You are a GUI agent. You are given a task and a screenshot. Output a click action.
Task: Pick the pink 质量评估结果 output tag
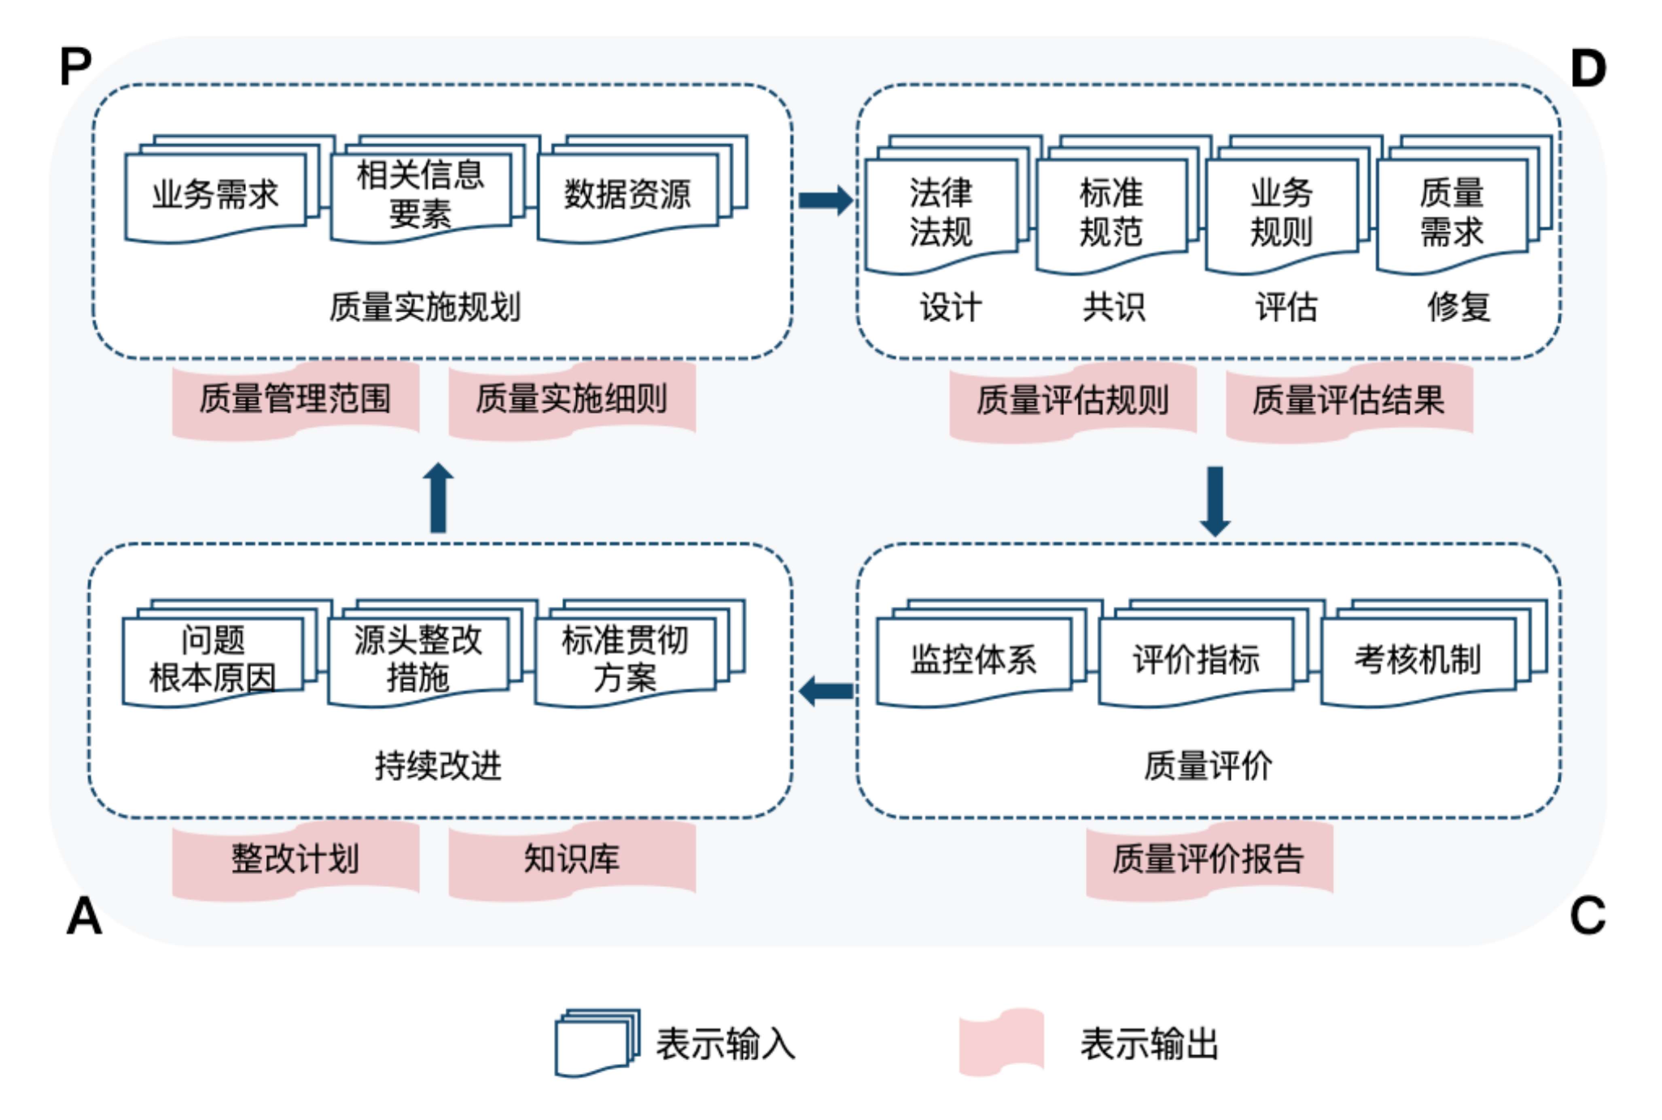point(1348,400)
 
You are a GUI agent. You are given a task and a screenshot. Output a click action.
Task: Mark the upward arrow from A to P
point(438,498)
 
